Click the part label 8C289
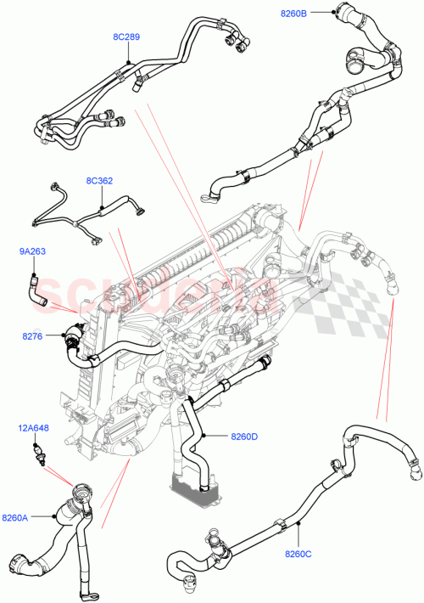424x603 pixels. click(126, 37)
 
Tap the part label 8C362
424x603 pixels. click(99, 181)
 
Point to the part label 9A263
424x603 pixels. click(32, 251)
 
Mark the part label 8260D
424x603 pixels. click(243, 437)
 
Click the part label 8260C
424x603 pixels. click(298, 555)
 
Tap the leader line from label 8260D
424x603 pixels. click(216, 437)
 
